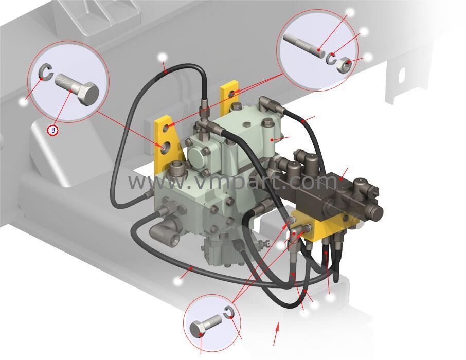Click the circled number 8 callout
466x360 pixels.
coord(53,130)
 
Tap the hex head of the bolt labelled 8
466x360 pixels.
coord(88,94)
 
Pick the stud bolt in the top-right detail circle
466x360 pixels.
coord(304,46)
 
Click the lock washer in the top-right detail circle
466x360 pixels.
coord(331,58)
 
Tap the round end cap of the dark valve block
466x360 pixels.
coord(375,212)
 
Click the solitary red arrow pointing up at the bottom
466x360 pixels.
coord(276,334)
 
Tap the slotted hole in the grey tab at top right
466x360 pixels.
coord(402,76)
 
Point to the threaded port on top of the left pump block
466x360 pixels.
coord(177,166)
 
